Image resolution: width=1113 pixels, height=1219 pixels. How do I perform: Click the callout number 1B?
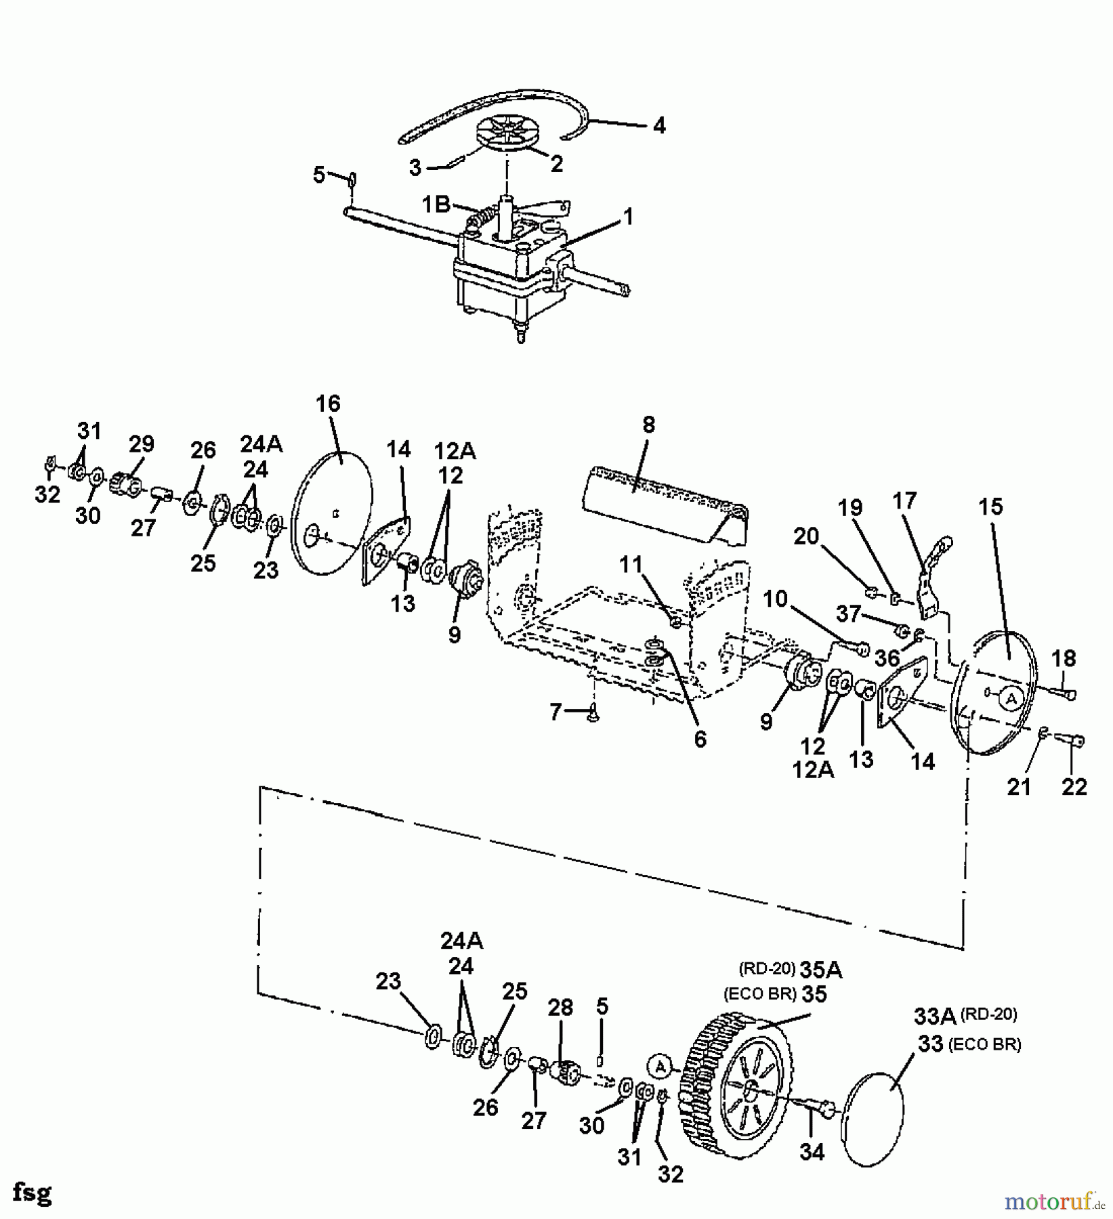click(x=437, y=205)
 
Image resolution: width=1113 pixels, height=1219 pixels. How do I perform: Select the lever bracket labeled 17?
click(x=931, y=576)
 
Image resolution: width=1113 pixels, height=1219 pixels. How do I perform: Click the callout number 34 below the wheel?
click(x=812, y=1151)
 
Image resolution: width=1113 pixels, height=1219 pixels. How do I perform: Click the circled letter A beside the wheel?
click(x=658, y=1067)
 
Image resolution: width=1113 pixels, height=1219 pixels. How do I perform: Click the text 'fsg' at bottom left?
click(x=31, y=1192)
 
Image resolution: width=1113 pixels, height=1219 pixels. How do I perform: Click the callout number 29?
click(x=141, y=445)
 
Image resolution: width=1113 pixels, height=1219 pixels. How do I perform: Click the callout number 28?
click(x=561, y=1007)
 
